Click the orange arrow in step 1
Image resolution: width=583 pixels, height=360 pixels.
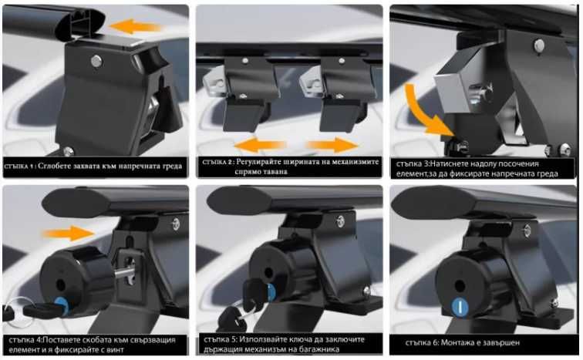point(136,26)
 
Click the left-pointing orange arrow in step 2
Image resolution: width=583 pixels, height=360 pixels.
point(260,145)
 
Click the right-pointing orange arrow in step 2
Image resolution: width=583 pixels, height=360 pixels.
point(332,144)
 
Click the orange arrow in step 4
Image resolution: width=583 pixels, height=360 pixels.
point(69,233)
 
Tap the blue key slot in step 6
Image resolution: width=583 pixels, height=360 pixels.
point(460,307)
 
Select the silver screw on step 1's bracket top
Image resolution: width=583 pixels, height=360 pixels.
point(96,61)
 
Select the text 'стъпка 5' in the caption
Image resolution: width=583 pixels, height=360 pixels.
point(220,339)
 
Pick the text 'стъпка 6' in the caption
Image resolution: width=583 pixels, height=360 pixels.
point(422,342)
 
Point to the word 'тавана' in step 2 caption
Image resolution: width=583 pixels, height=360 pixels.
point(274,172)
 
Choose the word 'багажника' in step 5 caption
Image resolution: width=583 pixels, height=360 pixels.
point(319,349)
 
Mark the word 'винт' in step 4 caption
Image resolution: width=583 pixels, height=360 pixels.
point(115,350)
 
